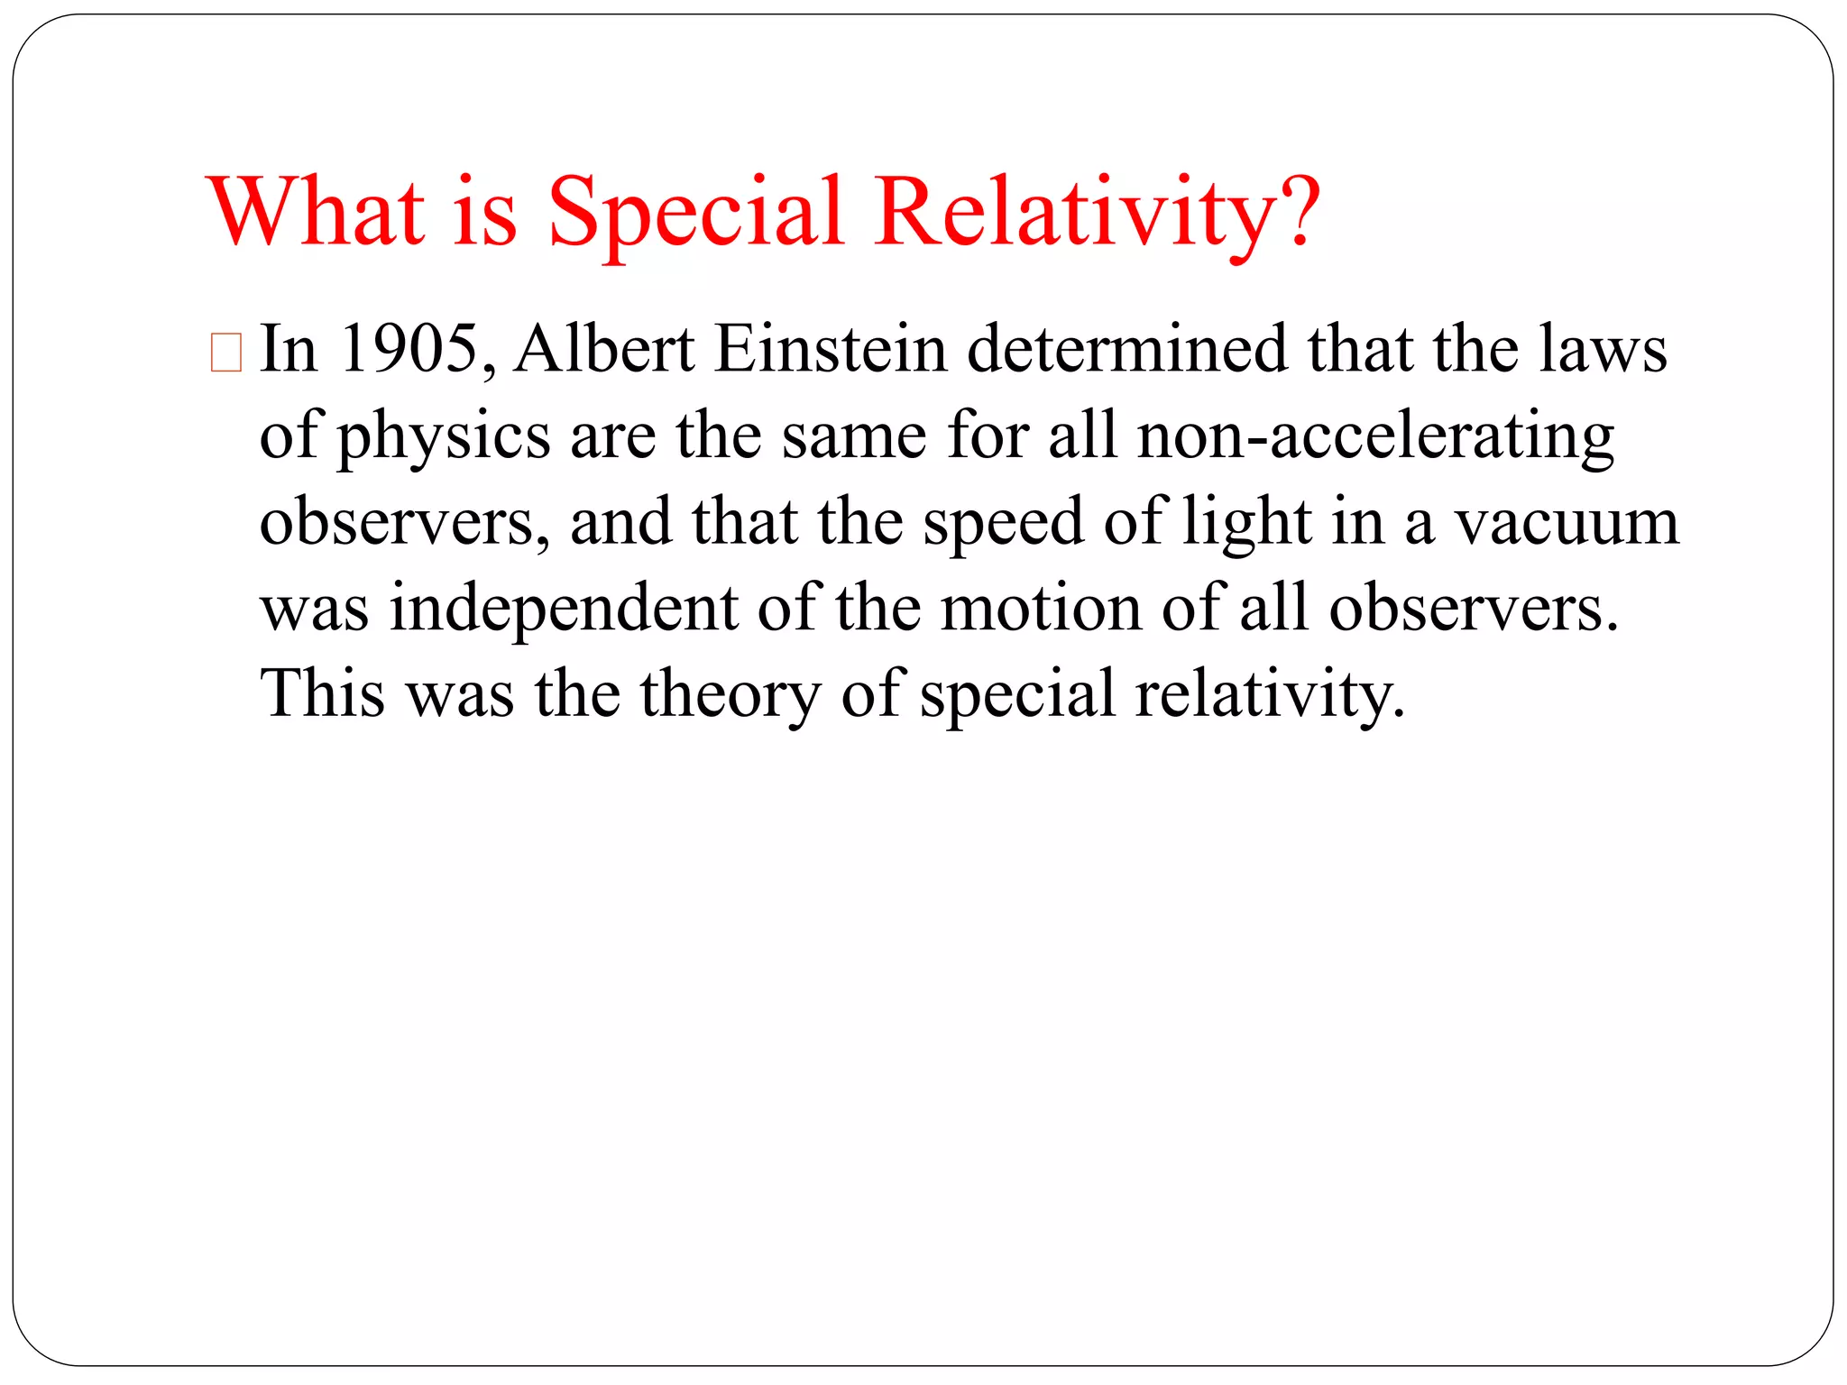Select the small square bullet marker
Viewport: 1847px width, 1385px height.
pos(225,353)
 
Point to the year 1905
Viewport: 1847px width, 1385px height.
pos(409,349)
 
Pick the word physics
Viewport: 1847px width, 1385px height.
pos(443,437)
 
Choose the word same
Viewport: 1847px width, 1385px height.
pos(853,436)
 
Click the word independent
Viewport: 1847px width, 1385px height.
pos(564,608)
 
